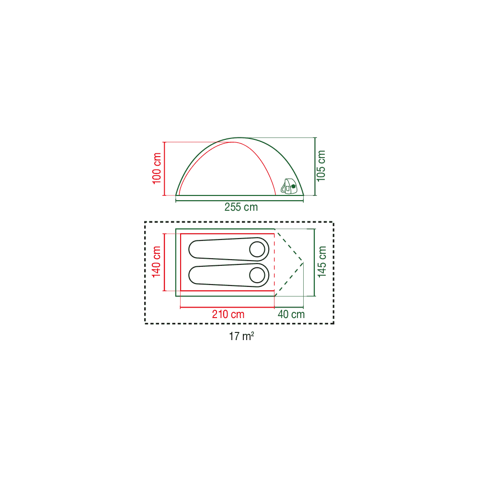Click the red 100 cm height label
[157, 169]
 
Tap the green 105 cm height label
[321, 166]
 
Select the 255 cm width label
[241, 207]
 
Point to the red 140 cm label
[157, 262]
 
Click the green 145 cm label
[322, 262]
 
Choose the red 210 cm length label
[228, 314]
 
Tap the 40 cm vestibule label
[291, 314]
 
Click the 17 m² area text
[241, 336]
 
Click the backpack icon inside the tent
[289, 186]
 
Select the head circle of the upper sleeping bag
[257, 249]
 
